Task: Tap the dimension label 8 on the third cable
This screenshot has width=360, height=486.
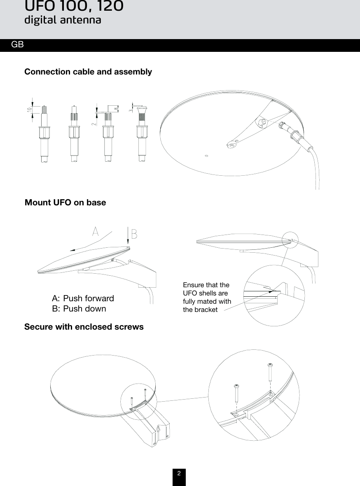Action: coord(116,109)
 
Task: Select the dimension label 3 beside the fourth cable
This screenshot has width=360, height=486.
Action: coord(130,110)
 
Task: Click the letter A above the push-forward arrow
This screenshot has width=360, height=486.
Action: coord(96,231)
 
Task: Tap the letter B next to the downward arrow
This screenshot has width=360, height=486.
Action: coord(134,233)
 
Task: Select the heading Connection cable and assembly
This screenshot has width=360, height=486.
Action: coord(88,72)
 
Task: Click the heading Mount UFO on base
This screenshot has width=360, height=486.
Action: coord(65,202)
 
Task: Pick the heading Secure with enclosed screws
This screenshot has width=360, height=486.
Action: coord(84,327)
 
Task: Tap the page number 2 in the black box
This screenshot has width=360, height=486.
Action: coord(179,474)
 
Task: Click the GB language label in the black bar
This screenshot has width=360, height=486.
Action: coord(17,44)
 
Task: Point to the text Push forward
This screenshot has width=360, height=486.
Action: coord(89,298)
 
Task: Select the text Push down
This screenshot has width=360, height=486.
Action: coord(84,309)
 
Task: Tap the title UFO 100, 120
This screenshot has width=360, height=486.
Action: coord(74,6)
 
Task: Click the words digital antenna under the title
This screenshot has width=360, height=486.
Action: coord(63,20)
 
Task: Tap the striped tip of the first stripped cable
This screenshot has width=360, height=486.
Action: coord(44,109)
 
